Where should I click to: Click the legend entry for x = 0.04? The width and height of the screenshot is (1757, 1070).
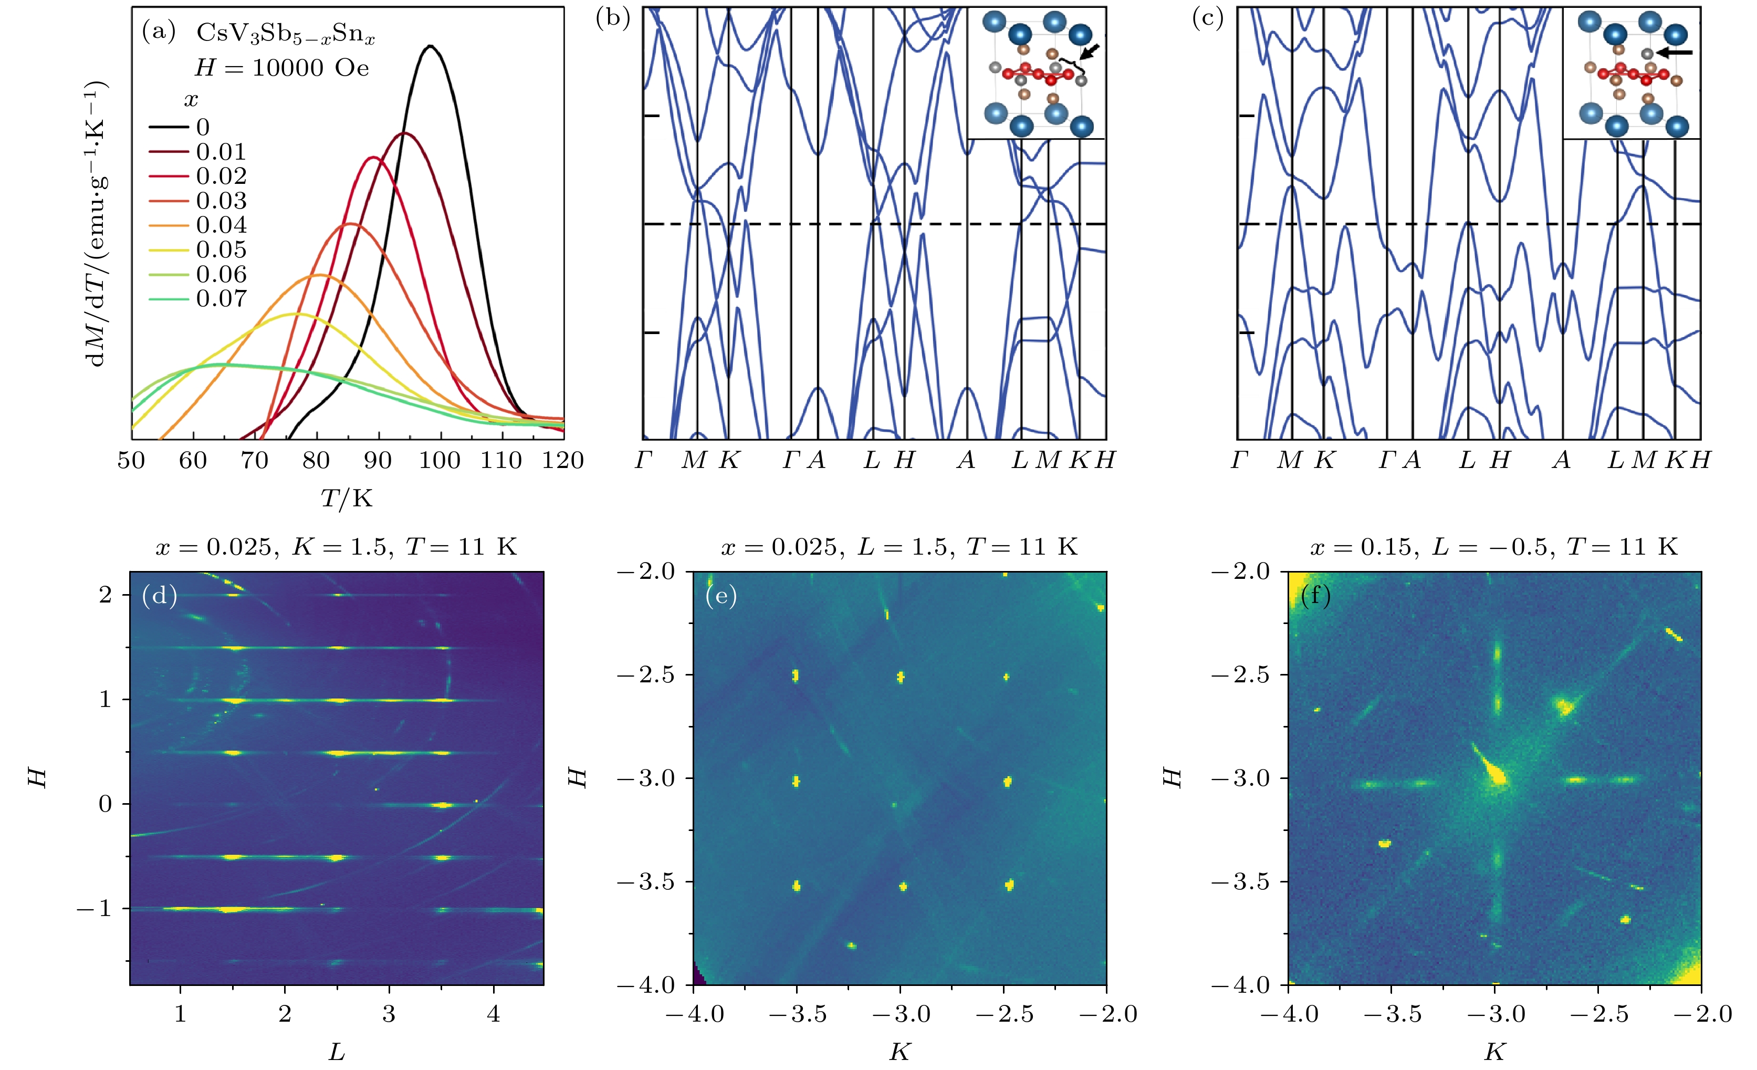click(x=221, y=225)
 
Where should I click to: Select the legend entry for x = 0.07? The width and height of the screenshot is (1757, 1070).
click(x=221, y=299)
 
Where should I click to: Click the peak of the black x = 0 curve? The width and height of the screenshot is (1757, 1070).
click(x=430, y=46)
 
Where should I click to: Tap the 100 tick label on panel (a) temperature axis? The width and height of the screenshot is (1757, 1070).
click(x=439, y=461)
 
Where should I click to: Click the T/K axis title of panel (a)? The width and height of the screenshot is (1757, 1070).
click(x=347, y=498)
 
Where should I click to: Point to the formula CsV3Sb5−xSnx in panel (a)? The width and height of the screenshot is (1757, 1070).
click(x=285, y=34)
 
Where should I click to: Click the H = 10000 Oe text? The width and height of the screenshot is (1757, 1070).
click(x=283, y=68)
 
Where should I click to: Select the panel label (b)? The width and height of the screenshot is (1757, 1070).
click(x=612, y=18)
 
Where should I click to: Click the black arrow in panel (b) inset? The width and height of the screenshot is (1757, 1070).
click(x=1090, y=50)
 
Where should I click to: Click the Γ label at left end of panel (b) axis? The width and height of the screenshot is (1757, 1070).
click(x=643, y=461)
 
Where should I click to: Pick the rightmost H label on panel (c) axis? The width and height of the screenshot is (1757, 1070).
click(x=1700, y=461)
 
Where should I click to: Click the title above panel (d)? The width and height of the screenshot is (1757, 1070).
click(x=337, y=547)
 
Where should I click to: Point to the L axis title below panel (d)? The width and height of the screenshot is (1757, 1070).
click(x=337, y=1051)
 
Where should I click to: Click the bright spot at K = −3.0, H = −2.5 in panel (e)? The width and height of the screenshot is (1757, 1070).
click(x=901, y=676)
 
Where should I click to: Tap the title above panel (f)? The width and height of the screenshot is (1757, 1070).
click(x=1494, y=547)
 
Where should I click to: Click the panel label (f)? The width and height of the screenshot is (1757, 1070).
click(x=1315, y=595)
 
